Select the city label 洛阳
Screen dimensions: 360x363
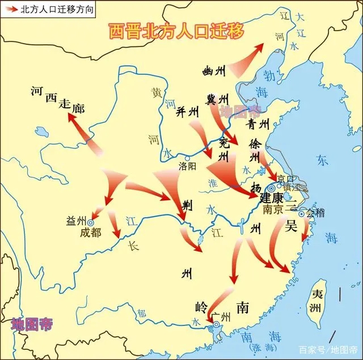pyautogui.click(x=187, y=166)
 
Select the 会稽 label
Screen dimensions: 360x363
pyautogui.click(x=318, y=214)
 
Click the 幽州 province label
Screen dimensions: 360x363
pyautogui.click(x=214, y=71)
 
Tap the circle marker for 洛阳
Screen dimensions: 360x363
pyautogui.click(x=187, y=157)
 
